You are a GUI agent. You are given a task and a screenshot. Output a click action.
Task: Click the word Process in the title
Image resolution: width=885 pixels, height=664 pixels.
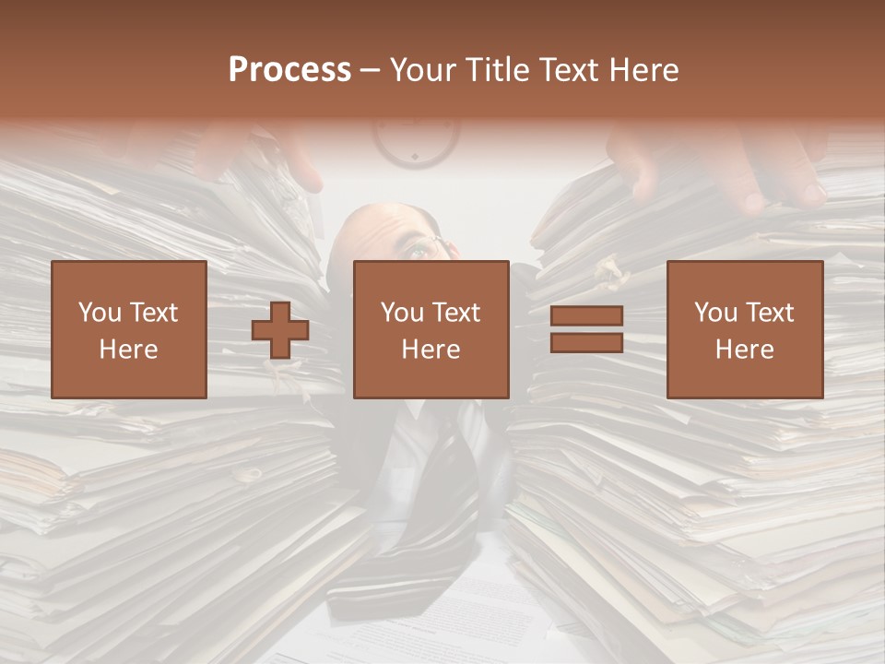click(x=289, y=70)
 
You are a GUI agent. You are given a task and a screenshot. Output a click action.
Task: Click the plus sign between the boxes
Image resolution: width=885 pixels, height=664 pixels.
click(x=280, y=330)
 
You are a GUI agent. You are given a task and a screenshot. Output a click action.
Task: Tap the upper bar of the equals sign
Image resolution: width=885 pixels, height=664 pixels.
click(x=586, y=316)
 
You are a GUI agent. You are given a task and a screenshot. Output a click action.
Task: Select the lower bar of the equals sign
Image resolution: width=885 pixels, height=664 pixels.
click(x=586, y=343)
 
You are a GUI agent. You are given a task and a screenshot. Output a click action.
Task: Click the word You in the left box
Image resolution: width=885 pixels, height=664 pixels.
click(x=99, y=313)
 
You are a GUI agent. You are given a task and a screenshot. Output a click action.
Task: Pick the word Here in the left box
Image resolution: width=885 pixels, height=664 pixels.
click(x=128, y=350)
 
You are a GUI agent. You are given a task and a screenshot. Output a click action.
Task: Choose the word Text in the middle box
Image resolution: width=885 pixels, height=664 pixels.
click(x=455, y=313)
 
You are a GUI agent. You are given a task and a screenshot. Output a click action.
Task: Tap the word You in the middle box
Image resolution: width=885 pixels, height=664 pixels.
click(x=401, y=313)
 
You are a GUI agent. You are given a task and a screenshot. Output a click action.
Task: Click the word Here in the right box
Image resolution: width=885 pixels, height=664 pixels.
click(x=744, y=350)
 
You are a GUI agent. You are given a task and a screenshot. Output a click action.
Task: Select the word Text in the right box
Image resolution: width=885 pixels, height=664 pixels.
click(x=769, y=313)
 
